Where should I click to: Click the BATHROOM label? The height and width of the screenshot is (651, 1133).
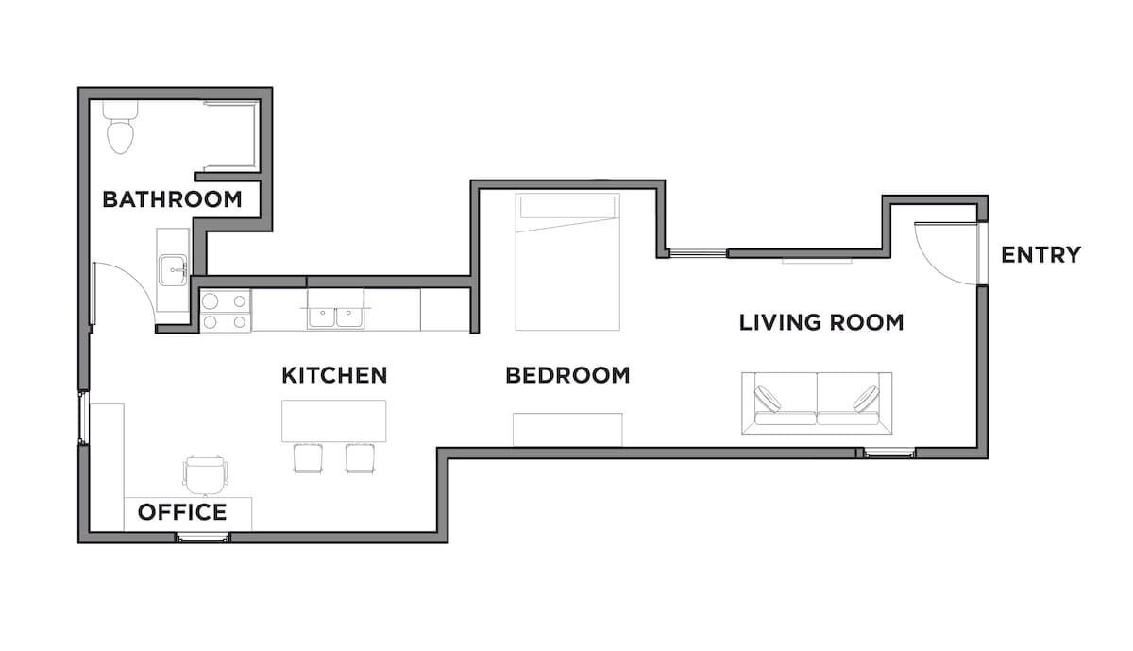[172, 199]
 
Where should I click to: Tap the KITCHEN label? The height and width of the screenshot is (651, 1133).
[334, 375]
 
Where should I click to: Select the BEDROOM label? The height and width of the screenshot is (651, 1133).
[567, 375]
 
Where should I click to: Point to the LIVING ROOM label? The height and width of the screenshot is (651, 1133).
[821, 322]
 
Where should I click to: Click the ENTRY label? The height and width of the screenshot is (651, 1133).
[1040, 254]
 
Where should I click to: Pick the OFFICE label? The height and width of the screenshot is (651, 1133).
[182, 512]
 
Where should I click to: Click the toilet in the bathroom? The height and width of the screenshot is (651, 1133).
[121, 127]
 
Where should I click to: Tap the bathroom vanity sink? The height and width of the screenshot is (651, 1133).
[173, 270]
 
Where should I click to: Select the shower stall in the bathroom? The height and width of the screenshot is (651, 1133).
[231, 136]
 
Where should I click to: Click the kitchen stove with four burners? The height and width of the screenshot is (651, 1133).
[225, 311]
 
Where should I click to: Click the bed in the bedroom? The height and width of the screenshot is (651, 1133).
[567, 262]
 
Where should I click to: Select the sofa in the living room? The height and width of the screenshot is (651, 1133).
[817, 403]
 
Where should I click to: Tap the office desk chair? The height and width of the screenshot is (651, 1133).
[205, 475]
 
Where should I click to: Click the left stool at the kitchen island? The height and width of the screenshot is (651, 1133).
[308, 458]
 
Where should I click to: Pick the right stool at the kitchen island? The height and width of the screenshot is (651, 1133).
[360, 458]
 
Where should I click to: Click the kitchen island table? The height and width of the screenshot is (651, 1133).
[334, 421]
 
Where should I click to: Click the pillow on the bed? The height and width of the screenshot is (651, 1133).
[567, 207]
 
